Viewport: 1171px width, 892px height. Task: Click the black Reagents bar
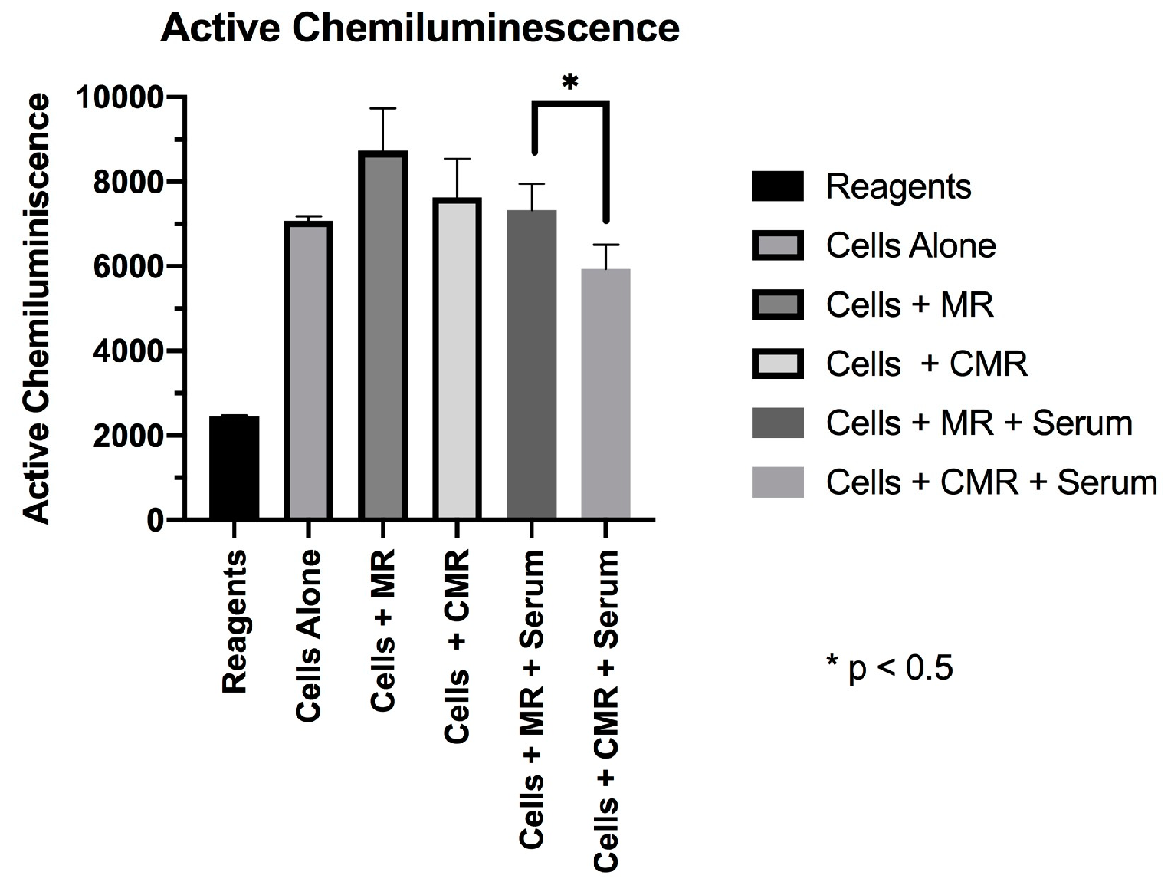point(235,468)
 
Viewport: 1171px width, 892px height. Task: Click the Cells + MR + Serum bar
point(531,365)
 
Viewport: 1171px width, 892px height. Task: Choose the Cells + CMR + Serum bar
point(605,394)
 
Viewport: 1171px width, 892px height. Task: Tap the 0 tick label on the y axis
point(156,521)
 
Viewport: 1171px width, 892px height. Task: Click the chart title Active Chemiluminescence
point(420,29)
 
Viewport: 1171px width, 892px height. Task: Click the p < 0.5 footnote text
point(889,669)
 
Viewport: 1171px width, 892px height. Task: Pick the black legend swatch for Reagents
point(777,186)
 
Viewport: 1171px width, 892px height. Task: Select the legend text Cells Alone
point(910,246)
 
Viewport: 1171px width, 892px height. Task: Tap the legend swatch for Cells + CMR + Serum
point(777,482)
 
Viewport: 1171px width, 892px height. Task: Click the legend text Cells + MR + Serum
point(979,423)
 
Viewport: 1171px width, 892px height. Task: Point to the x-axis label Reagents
point(235,621)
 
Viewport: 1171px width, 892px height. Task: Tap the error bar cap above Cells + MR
point(382,109)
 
